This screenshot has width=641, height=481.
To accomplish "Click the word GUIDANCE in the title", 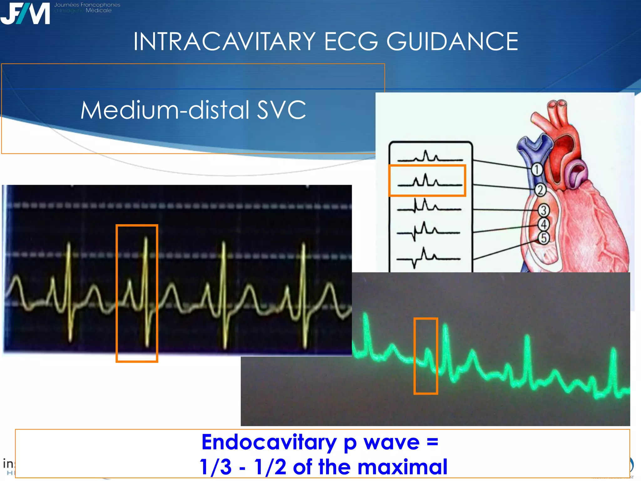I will [x=452, y=41].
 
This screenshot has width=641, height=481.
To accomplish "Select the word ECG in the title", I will [x=351, y=41].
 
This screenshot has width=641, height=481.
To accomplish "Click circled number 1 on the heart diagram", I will [x=536, y=169].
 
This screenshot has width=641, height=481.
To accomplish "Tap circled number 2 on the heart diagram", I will [x=540, y=190].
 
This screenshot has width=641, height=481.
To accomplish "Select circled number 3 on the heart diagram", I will [x=544, y=210].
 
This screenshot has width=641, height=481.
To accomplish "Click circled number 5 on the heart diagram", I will [x=544, y=238].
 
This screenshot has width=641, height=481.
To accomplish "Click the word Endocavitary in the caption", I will [x=269, y=442].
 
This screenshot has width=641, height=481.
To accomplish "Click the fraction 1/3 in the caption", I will [x=216, y=467].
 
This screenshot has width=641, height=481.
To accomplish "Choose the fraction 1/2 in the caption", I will [x=270, y=467].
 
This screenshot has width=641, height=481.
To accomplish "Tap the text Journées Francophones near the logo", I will [x=87, y=5].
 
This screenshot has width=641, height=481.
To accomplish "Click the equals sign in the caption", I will [x=432, y=442].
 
